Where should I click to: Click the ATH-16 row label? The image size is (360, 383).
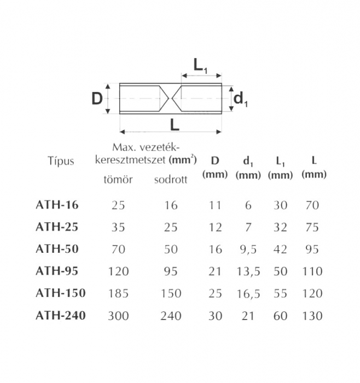56,206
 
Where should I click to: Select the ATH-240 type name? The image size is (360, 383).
60,315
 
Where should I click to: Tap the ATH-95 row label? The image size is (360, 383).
56,271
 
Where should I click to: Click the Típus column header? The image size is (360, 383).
60,161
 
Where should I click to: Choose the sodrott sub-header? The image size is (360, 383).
171,180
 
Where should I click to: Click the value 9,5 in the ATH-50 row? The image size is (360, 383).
248,249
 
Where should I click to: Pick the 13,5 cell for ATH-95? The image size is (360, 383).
248,271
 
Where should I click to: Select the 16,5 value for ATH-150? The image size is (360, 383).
248,293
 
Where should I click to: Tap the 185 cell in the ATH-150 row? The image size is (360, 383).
118,293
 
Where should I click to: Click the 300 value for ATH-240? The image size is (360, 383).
118,316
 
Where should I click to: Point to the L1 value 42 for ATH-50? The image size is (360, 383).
281,249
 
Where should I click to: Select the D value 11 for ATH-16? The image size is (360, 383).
215,206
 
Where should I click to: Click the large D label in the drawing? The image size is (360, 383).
97,98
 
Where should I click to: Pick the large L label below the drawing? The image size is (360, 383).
175,125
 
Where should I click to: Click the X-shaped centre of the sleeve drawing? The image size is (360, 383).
171,98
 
